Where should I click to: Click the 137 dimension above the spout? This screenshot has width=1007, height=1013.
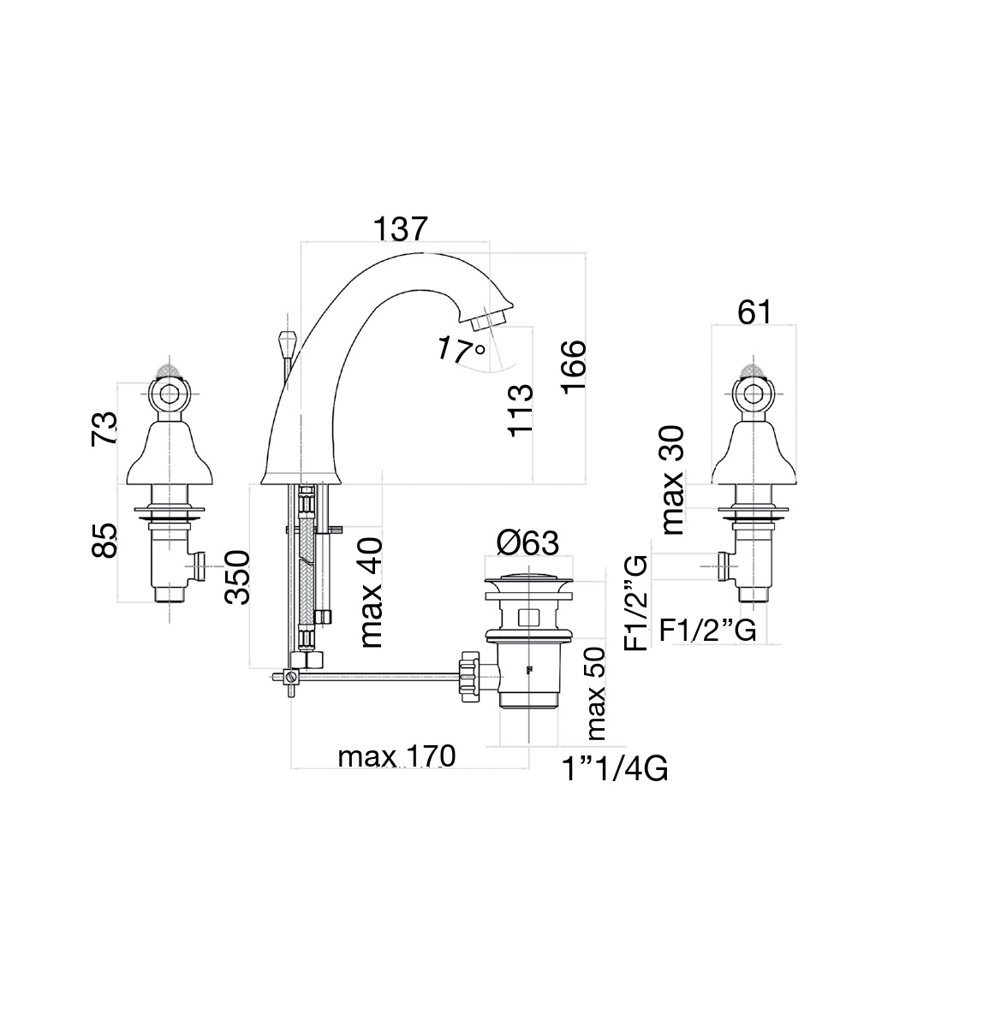coord(401,228)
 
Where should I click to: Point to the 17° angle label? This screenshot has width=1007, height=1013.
coord(462,350)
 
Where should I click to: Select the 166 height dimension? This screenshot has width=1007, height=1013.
coord(573,365)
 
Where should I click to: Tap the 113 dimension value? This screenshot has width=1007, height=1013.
coord(520,411)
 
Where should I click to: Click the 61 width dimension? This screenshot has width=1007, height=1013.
coord(754,312)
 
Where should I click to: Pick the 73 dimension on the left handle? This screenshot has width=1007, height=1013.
coord(104,429)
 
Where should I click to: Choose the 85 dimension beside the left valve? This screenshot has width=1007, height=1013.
coord(104,541)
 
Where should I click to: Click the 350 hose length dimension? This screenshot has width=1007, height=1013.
coord(237,578)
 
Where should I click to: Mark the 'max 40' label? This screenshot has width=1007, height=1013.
coord(372,592)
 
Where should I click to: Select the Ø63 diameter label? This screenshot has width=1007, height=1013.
coord(527,543)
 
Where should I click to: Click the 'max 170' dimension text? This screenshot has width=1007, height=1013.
coord(396,755)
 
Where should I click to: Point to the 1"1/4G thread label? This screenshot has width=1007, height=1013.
coord(615,769)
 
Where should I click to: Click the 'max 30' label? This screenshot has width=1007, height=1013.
coord(673,480)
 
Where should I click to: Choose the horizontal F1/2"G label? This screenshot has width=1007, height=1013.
coord(707,629)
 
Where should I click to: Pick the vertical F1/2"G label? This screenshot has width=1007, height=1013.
coord(635,603)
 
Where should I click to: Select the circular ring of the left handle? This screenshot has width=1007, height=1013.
coord(169,393)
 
